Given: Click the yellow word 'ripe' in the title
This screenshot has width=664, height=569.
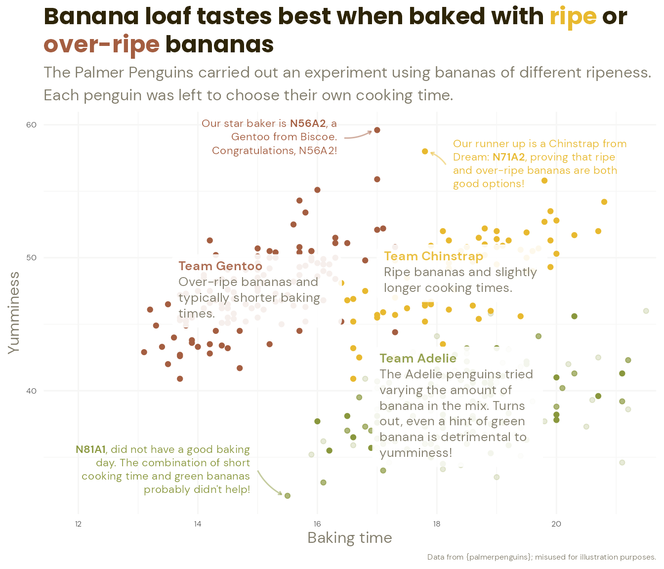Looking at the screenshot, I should pyautogui.click(x=573, y=17).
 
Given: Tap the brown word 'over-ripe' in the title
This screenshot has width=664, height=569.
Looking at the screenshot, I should pyautogui.click(x=101, y=45).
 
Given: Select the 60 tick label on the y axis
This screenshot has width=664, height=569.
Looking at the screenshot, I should pyautogui.click(x=32, y=124).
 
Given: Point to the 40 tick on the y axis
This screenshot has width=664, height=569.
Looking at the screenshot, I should pyautogui.click(x=32, y=391).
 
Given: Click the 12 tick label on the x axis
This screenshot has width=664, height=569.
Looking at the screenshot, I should pyautogui.click(x=78, y=524).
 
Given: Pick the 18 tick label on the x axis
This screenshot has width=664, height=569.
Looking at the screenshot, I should pyautogui.click(x=437, y=524).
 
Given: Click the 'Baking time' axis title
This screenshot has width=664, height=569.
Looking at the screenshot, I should pyautogui.click(x=349, y=538).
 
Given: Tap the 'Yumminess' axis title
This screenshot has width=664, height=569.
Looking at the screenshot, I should pyautogui.click(x=14, y=312).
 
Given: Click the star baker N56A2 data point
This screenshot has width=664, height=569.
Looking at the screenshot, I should pyautogui.click(x=377, y=130).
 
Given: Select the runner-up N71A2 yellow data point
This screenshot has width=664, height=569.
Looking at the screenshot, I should pyautogui.click(x=425, y=151).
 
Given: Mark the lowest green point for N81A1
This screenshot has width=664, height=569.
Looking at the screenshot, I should pyautogui.click(x=288, y=495).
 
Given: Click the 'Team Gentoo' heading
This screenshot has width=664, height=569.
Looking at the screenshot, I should pyautogui.click(x=220, y=266).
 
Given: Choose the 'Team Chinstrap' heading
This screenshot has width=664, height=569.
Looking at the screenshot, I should pyautogui.click(x=433, y=256).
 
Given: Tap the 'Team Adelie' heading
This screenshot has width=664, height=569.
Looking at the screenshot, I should pyautogui.click(x=418, y=359).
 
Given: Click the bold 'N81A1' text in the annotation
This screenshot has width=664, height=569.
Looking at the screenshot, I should pyautogui.click(x=90, y=449).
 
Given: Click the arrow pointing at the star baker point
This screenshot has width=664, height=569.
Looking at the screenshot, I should pyautogui.click(x=358, y=135).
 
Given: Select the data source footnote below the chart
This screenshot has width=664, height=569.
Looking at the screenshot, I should pyautogui.click(x=541, y=557).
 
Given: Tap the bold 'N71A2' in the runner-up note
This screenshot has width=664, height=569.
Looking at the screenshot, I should pyautogui.click(x=508, y=157).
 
